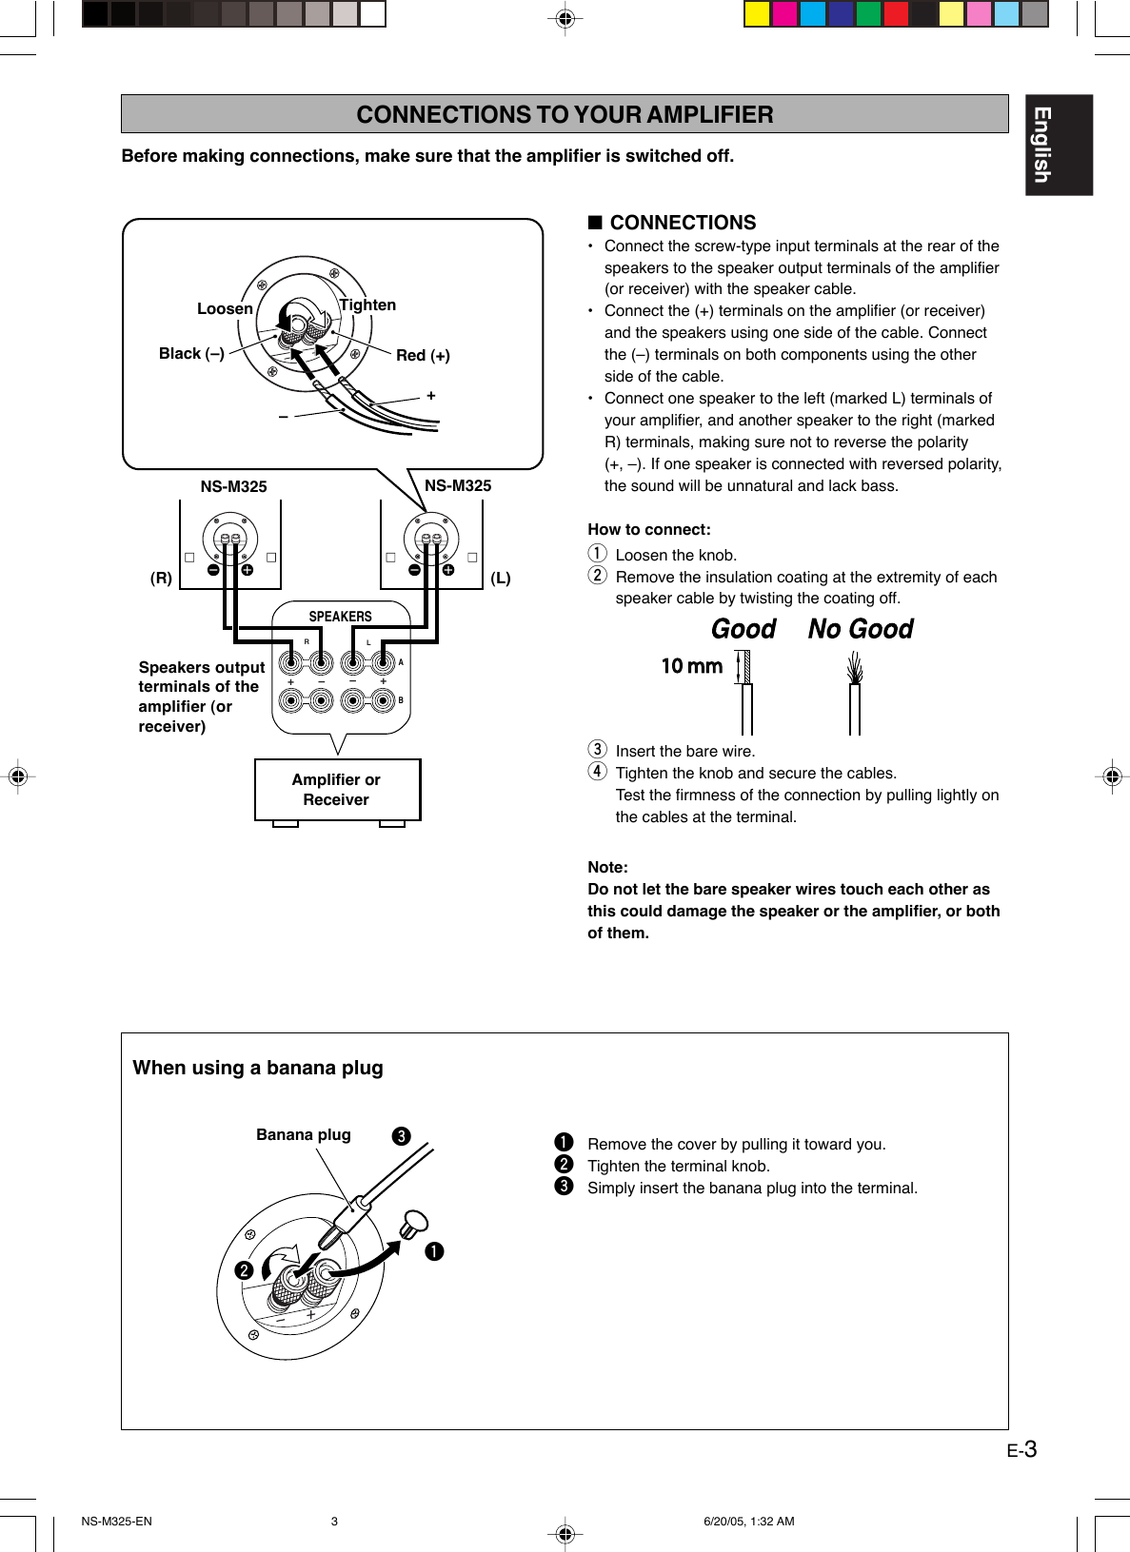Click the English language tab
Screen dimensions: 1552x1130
(x=1058, y=145)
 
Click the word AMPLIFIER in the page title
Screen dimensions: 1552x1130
(x=709, y=114)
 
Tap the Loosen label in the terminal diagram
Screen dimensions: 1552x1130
(x=225, y=308)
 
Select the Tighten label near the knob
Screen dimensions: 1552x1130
(x=367, y=305)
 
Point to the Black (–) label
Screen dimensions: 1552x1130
(x=191, y=353)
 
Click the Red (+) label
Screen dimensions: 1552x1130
(x=423, y=355)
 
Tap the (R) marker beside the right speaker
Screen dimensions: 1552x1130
(x=161, y=578)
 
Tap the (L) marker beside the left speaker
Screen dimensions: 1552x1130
(x=501, y=578)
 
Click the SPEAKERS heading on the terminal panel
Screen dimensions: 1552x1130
(x=340, y=617)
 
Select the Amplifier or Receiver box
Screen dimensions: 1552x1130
(x=337, y=790)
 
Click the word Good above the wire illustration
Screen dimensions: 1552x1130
(x=743, y=629)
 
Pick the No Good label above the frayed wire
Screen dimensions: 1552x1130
(x=861, y=629)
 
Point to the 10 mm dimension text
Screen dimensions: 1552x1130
(x=692, y=666)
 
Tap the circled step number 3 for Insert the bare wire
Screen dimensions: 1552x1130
(x=597, y=750)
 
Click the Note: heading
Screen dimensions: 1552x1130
(x=607, y=867)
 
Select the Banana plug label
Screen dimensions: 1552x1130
(x=303, y=1134)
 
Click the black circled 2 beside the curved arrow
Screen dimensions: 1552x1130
(x=244, y=1270)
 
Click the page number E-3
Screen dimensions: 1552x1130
(x=1021, y=1450)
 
